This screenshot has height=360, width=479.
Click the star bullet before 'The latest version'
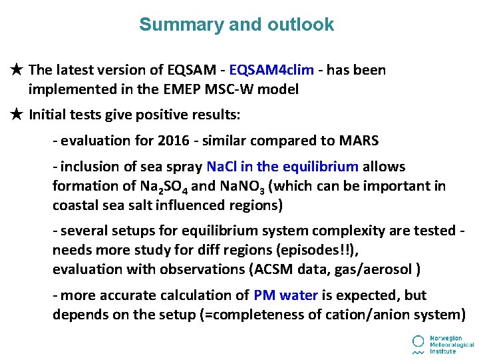pos(18,70)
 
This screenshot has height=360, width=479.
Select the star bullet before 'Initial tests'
pos(18,115)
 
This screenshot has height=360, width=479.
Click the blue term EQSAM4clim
pos(266,70)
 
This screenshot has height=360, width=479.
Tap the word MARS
pos(359,141)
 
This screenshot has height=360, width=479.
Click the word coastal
pos(76,205)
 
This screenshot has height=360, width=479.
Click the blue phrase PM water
pos(285,295)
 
